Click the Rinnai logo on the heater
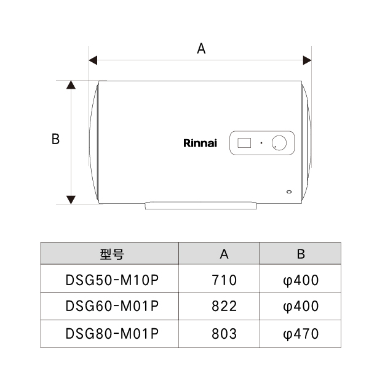[200, 143]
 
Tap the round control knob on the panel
[279, 143]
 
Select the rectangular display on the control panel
[244, 143]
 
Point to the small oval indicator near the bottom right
[289, 192]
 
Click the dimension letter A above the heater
[201, 49]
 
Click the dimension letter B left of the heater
[55, 139]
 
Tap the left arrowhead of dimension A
[93, 60]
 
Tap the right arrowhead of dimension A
[307, 60]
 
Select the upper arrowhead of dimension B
[71, 85]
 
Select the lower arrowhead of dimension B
[71, 200]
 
